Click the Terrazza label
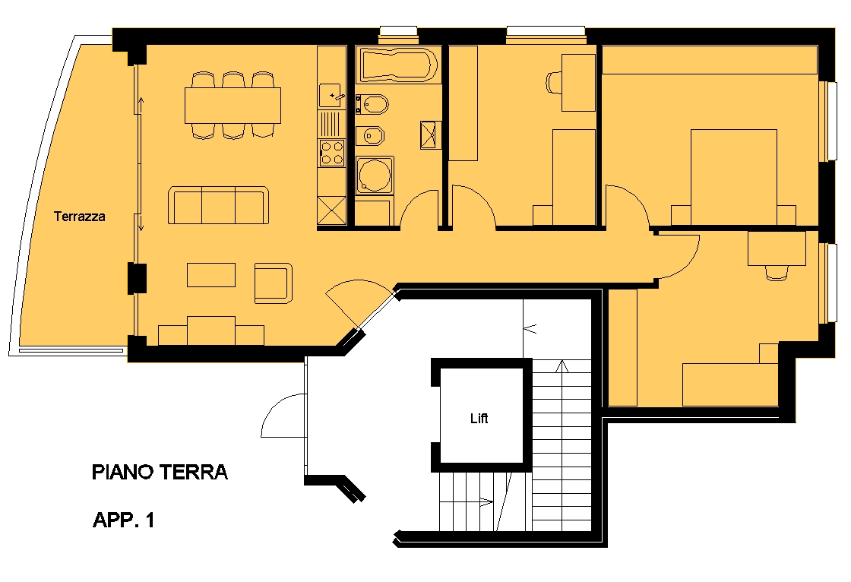tap(79, 217)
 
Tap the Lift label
tap(479, 418)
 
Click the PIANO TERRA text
tap(160, 472)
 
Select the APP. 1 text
tap(124, 520)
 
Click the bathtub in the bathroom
tap(399, 65)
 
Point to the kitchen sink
tap(331, 96)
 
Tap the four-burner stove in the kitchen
tap(331, 153)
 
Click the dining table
tap(233, 106)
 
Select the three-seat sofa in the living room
tap(219, 205)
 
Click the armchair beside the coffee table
tap(274, 283)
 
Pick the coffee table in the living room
tap(211, 275)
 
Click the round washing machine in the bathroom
tap(375, 175)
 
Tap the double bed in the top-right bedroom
tap(734, 177)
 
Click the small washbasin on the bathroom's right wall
tap(430, 134)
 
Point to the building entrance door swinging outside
tap(282, 416)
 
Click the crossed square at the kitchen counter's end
tap(331, 210)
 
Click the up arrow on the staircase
tap(563, 366)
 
